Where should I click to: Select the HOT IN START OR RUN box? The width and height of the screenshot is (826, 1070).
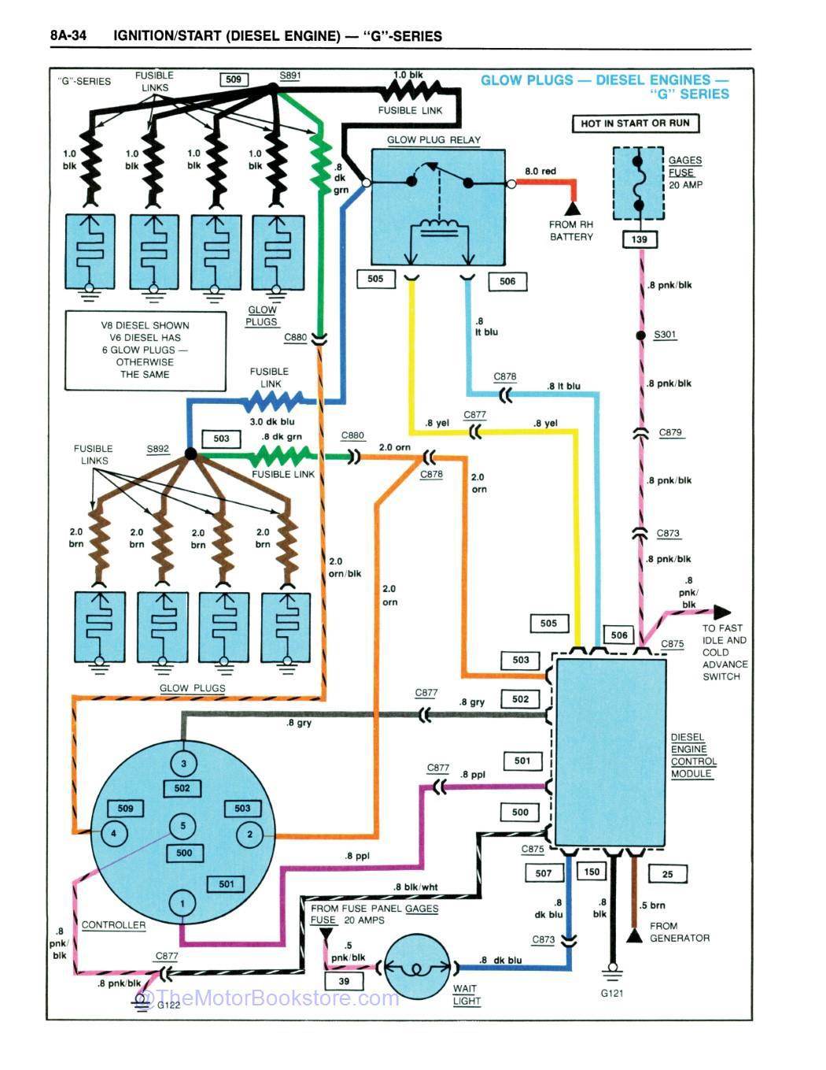(x=635, y=124)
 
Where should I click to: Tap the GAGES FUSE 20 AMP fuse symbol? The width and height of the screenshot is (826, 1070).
(x=638, y=182)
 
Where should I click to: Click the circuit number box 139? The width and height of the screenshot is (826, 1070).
(x=639, y=239)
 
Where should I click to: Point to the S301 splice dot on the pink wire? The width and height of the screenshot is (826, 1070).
(x=641, y=335)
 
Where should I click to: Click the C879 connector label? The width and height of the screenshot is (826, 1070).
(x=670, y=432)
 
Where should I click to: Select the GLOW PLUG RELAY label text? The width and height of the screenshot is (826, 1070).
(x=433, y=140)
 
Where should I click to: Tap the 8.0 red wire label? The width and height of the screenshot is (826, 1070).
(x=540, y=171)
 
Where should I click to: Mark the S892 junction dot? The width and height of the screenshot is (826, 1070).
(x=190, y=454)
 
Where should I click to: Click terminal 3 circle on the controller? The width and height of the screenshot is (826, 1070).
(x=183, y=763)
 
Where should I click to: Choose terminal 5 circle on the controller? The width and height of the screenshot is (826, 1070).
(x=183, y=826)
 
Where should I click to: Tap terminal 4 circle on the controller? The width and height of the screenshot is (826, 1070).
(x=113, y=834)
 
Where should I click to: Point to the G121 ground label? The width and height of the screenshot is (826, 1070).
(x=611, y=993)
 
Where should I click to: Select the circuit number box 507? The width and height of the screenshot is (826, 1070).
(x=544, y=872)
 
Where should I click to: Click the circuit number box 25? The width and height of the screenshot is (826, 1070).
(x=667, y=873)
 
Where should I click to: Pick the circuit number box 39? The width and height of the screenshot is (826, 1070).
(x=344, y=981)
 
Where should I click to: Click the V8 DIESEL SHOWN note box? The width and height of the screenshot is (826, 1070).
(x=145, y=350)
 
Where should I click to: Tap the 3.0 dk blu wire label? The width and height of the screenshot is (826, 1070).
(x=272, y=422)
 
